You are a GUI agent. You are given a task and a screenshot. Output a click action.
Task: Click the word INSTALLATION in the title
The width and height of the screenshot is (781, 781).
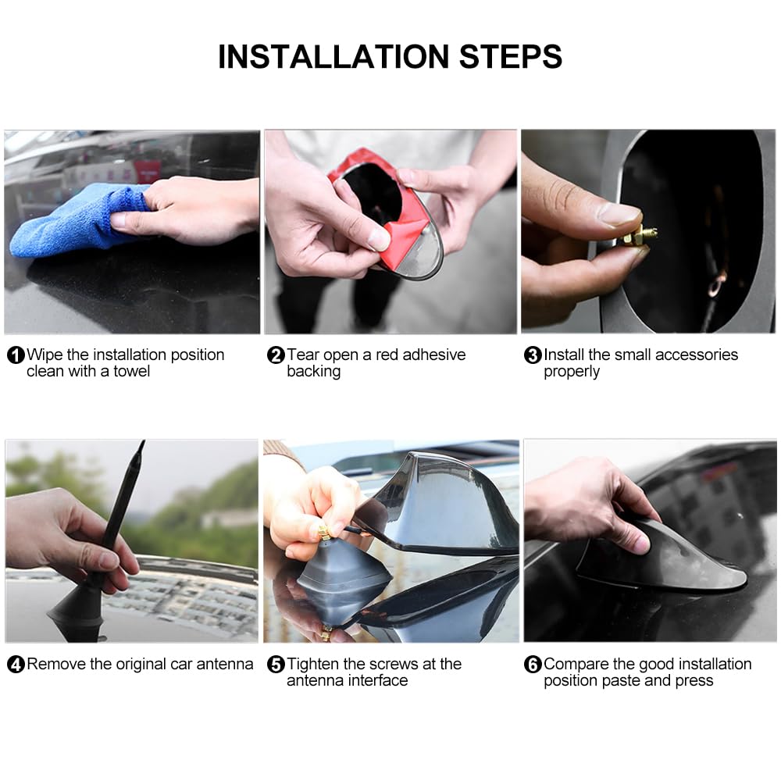[x=333, y=56]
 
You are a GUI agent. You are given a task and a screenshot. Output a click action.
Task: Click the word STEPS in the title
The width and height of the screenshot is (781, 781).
[x=511, y=56]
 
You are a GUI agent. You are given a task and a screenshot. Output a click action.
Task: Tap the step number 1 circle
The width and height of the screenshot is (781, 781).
[x=16, y=355]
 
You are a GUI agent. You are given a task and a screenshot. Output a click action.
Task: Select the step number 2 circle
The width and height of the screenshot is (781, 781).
[x=276, y=355]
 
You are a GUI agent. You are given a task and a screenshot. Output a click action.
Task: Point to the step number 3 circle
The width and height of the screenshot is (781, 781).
[x=533, y=355]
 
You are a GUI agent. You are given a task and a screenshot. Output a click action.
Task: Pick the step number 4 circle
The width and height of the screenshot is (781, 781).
[x=16, y=665]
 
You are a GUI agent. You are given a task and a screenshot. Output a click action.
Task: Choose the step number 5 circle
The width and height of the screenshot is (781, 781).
[x=276, y=665]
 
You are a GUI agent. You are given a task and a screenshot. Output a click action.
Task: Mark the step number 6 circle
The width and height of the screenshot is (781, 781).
[x=533, y=665]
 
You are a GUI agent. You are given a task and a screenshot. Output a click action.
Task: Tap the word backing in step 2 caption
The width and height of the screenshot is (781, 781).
[x=314, y=372]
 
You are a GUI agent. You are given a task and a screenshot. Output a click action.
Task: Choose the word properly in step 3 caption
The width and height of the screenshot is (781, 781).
[x=572, y=372]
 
